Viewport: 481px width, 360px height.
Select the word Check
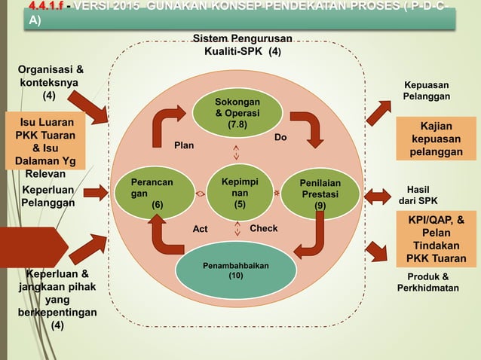pos(263,228)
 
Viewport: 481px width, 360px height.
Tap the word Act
pos(200,228)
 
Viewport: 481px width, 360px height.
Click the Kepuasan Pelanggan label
pos(427,91)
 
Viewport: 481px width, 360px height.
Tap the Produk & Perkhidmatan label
pos(427,282)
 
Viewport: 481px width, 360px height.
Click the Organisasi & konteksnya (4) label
pos(50,83)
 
